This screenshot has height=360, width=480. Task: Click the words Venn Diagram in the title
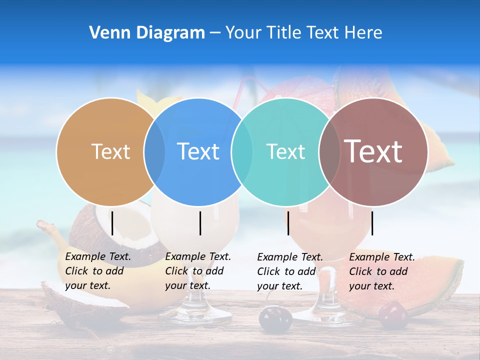[147, 33]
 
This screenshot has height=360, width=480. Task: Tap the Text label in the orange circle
[110, 151]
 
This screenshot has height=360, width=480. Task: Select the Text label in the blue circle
[198, 151]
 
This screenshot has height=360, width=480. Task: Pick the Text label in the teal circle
[285, 151]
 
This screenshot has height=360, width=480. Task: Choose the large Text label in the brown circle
[373, 151]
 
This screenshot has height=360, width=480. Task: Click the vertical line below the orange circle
[112, 223]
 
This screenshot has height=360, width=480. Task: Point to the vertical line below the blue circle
[200, 223]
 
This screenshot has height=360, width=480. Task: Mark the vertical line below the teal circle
[288, 223]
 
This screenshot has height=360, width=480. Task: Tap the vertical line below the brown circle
[372, 223]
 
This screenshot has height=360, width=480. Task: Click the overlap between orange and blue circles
[154, 151]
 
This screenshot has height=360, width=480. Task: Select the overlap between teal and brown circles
[329, 151]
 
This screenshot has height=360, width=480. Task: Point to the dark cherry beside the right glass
[275, 318]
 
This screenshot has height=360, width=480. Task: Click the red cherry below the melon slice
[393, 315]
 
